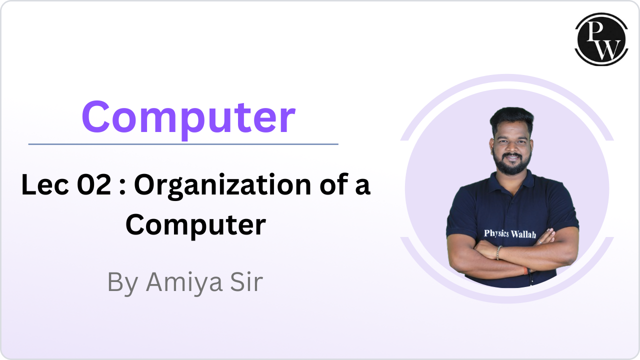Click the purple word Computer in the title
tap(188, 117)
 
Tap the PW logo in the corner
tap(601, 39)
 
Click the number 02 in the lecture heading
tap(94, 186)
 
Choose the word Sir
tap(245, 282)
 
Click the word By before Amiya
tap(123, 283)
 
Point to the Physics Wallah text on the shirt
tap(509, 233)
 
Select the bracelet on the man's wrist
tap(498, 252)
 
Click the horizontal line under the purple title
tap(183, 144)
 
